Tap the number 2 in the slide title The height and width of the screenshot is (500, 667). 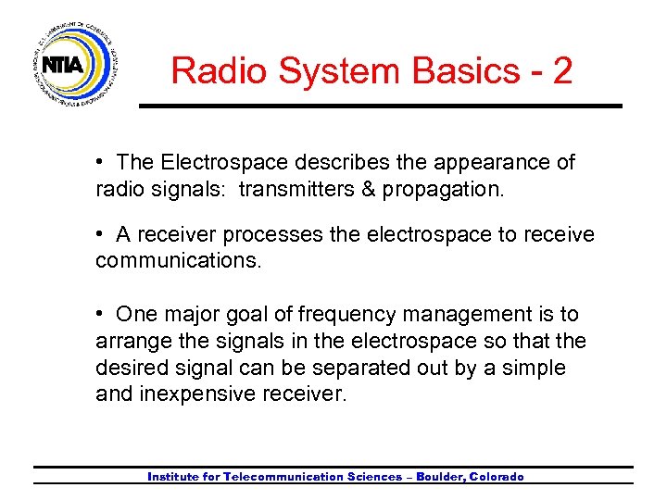pyautogui.click(x=561, y=71)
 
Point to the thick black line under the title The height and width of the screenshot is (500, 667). pyautogui.click(x=380, y=106)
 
